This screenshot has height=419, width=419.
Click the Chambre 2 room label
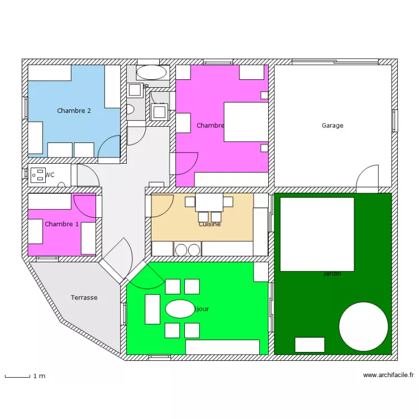coord(74,111)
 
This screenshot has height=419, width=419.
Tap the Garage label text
coord(332,126)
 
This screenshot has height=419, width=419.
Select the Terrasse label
coord(84,298)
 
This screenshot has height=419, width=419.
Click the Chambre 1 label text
coord(61,224)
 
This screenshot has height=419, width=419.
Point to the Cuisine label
coord(209,225)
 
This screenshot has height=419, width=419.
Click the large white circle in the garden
coord(364,327)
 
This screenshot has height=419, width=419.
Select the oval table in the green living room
coord(180,309)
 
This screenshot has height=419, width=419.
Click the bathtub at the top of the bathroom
coord(151,72)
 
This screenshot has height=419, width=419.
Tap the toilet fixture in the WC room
coord(39,175)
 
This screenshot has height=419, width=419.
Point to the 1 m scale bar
coord(17,377)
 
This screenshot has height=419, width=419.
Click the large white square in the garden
coord(317,234)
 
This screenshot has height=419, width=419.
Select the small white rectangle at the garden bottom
coord(310,345)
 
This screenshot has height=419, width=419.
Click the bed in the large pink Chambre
coord(246,121)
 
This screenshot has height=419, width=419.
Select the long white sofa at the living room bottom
coord(222,347)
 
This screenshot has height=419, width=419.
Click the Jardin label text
coord(332,274)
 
